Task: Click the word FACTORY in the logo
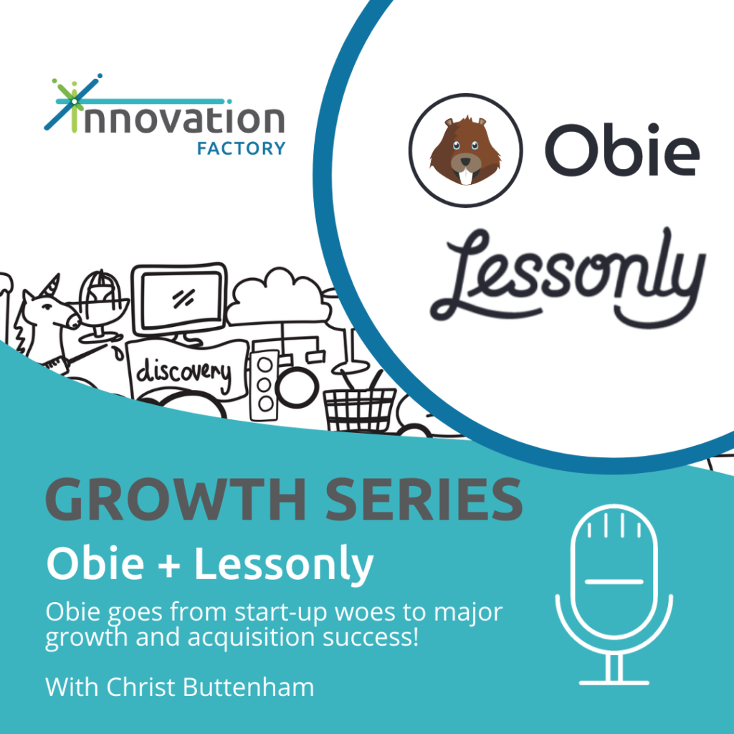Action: click(241, 148)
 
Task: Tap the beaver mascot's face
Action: click(465, 151)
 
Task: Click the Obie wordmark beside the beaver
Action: click(622, 151)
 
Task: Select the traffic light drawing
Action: click(264, 385)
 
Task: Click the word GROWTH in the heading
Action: click(176, 499)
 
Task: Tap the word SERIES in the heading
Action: click(424, 499)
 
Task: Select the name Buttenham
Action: click(248, 687)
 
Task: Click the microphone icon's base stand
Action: click(614, 669)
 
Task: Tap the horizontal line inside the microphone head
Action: click(614, 581)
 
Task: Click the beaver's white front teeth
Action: click(464, 176)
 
